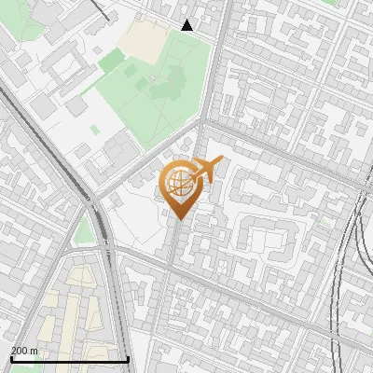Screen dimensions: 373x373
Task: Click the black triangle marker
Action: (187, 25)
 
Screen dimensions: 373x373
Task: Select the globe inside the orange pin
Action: (178, 183)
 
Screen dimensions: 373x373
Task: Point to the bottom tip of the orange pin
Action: (180, 219)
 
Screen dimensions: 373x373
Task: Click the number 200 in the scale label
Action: (21, 351)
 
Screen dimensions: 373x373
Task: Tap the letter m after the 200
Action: (35, 351)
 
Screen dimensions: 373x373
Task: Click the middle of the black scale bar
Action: (70, 359)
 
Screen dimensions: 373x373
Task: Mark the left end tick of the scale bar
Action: (11, 358)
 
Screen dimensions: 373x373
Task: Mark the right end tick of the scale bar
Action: (128, 358)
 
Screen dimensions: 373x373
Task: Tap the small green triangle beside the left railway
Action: (85, 231)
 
